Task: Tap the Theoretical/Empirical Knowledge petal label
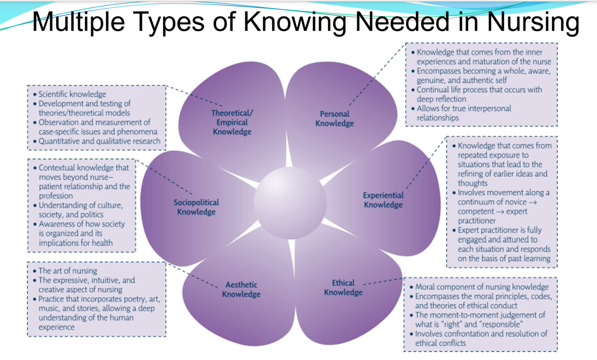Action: pos(232,122)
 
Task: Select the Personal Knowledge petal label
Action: pos(334,119)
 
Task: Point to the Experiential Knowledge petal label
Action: pos(383,200)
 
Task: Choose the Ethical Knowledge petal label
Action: pos(343,288)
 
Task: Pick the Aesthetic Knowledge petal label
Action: pos(241,289)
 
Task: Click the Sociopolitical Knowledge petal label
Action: pos(196,207)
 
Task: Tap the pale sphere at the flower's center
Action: pos(290,203)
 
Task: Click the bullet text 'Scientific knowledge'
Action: pos(72,94)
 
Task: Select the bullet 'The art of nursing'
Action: pos(68,271)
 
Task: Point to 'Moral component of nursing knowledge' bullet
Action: pos(482,287)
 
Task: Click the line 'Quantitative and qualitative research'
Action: pos(99,141)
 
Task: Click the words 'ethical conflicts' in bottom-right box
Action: pos(440,343)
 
